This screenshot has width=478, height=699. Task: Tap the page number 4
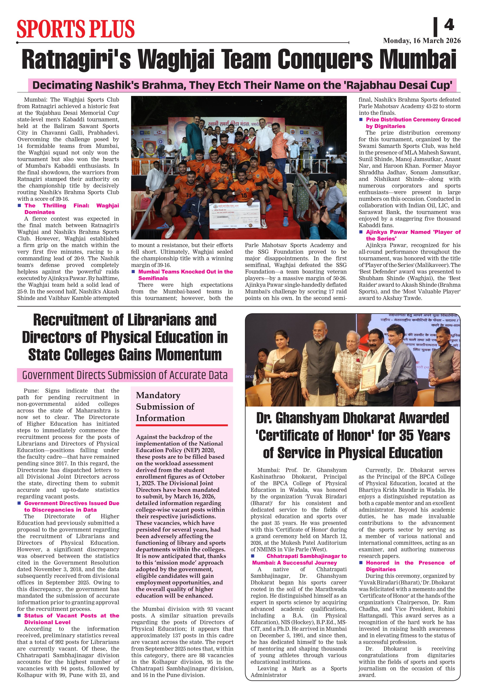[449, 25]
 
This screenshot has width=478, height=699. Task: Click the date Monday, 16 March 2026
[421, 41]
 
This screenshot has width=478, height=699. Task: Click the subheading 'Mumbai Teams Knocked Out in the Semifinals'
[185, 275]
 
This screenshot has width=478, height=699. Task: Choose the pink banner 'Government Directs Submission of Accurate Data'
[125, 375]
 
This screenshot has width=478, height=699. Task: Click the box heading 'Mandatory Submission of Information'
[165, 406]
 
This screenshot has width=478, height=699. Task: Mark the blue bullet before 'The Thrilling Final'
[19, 205]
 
